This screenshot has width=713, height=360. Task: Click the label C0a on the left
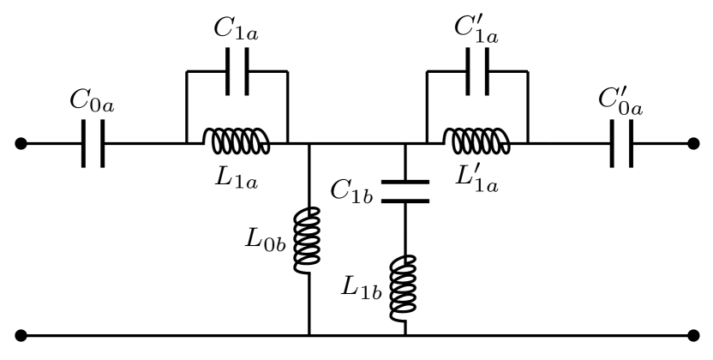[90, 104]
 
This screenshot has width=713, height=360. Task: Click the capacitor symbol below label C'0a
[623, 144]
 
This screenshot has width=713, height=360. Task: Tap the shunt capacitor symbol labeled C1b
[404, 190]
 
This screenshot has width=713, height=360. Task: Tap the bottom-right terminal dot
[694, 335]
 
